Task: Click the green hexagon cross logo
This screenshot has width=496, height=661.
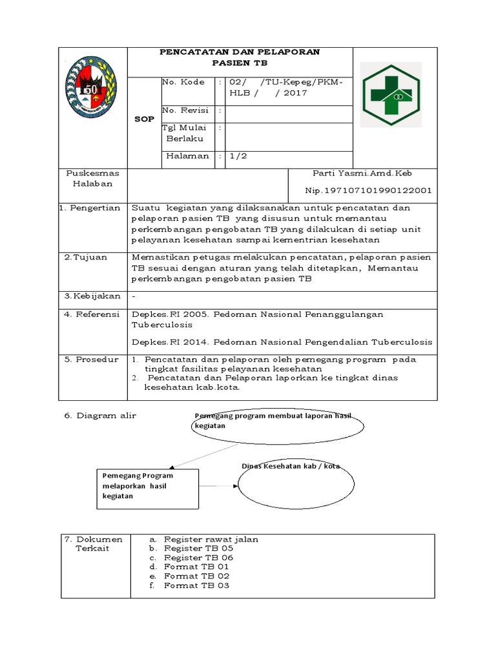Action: [x=390, y=94]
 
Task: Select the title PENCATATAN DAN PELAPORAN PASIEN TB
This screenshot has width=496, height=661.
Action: [x=240, y=57]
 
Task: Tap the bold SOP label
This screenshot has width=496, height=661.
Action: [x=144, y=119]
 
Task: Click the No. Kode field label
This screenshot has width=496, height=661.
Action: [x=184, y=82]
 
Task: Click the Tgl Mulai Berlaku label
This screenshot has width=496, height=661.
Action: [x=185, y=133]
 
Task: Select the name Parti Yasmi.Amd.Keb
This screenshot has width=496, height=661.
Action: [x=362, y=173]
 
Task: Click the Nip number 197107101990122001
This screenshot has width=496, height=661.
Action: [x=368, y=190]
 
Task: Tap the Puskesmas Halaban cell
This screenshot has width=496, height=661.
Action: [x=93, y=178]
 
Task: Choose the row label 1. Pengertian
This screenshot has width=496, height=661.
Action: [x=91, y=208]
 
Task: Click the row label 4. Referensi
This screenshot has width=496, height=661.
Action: [x=92, y=314]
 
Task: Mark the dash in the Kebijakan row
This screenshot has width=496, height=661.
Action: [x=134, y=296]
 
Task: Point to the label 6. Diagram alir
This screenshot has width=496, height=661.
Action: [x=100, y=416]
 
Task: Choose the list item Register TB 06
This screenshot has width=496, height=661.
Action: [x=199, y=557]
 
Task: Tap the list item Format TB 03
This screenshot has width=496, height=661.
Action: [x=196, y=585]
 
